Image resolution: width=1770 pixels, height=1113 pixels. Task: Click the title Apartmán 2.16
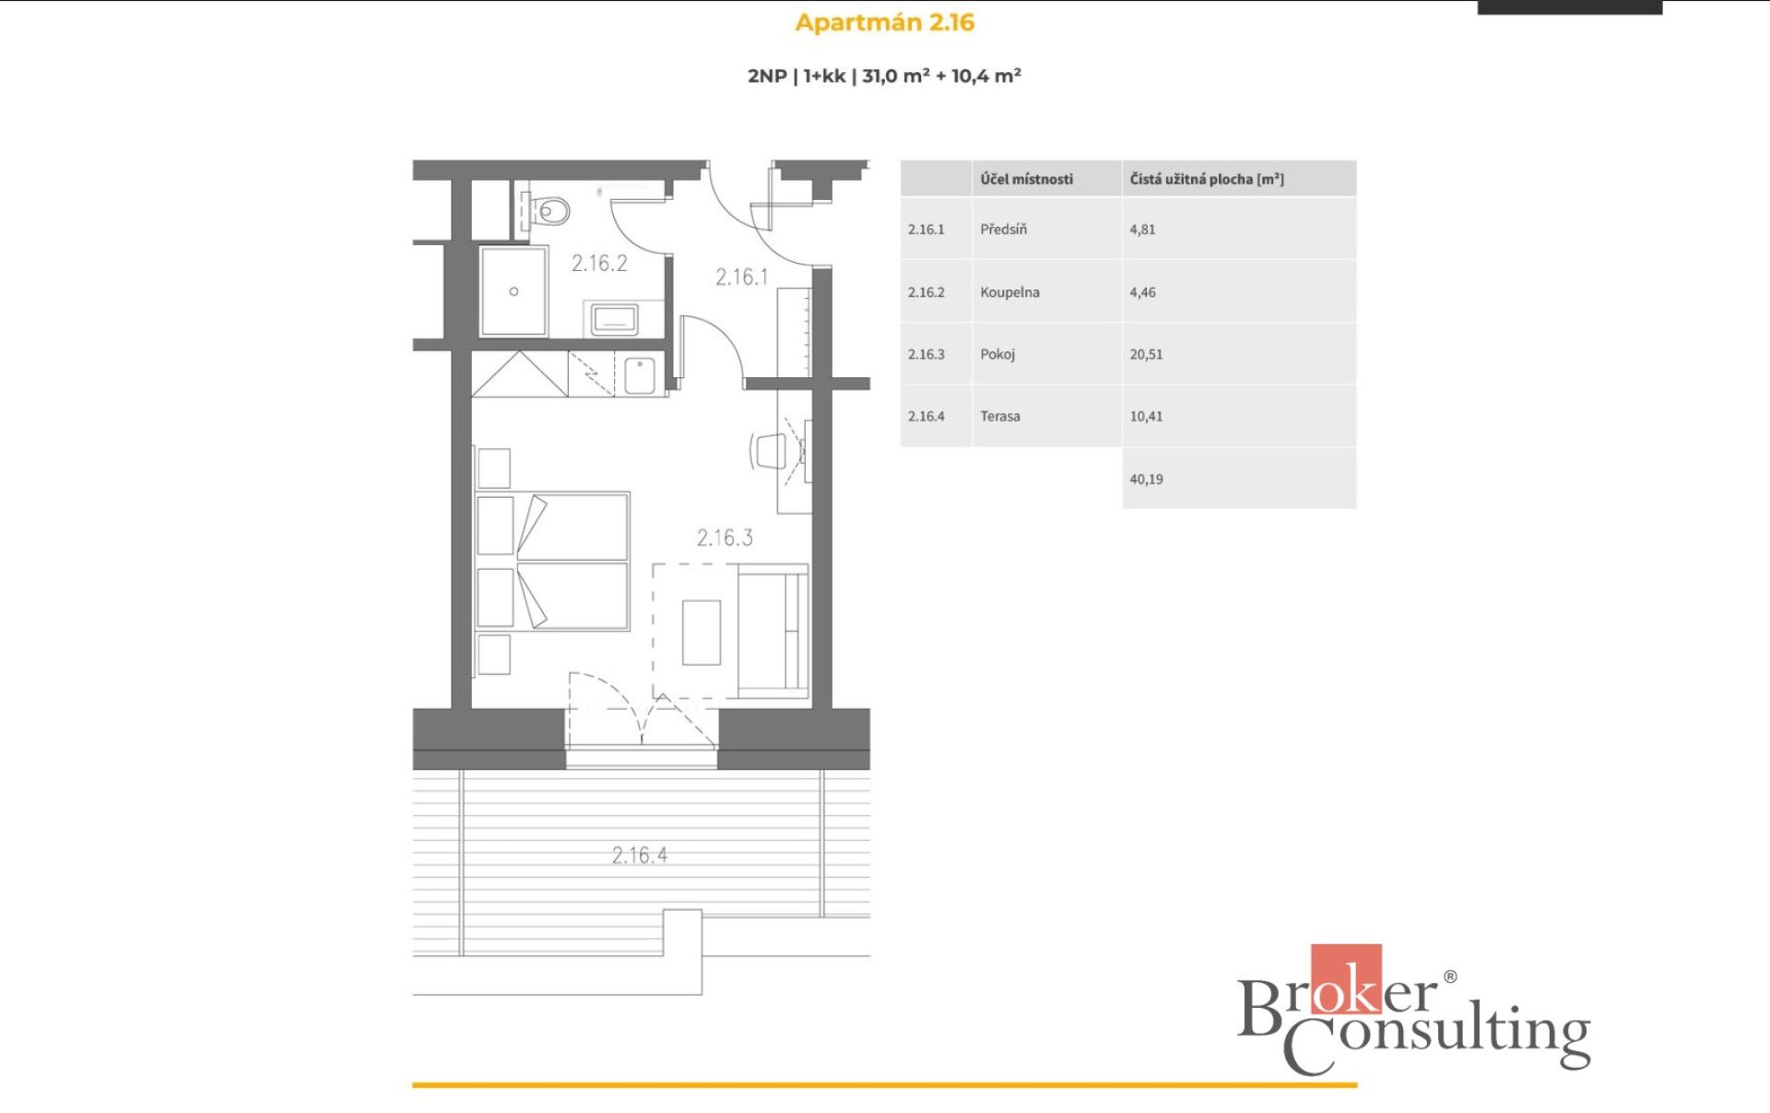pos(884,22)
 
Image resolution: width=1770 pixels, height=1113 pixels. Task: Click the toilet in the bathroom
pos(549,212)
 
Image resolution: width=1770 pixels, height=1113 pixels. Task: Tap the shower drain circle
pos(513,291)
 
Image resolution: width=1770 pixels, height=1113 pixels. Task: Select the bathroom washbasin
pos(615,320)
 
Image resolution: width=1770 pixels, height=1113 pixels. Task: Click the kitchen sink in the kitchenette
pos(640,375)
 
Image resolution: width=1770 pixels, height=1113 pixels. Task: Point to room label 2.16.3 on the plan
pos(725,538)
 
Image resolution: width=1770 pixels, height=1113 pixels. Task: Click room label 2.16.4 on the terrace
pos(640,855)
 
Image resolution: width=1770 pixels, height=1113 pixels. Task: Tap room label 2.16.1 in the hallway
pos(742,277)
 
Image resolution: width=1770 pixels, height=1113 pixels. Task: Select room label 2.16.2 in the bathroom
pos(599,263)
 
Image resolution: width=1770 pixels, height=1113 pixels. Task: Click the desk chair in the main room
pos(768,451)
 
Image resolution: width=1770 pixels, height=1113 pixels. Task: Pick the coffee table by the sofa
pos(702,632)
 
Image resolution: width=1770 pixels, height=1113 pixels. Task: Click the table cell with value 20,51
pos(1146,354)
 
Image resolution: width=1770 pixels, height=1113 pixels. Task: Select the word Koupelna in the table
pos(1009,292)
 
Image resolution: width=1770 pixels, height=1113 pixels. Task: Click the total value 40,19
pos(1146,480)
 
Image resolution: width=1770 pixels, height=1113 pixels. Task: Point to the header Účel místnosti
pos(1026,179)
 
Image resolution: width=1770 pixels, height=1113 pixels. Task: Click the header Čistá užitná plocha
pos(1207,179)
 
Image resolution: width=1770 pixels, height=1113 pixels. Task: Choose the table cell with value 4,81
pos(1142,230)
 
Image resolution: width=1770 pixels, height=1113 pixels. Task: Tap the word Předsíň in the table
pos(1003,230)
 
